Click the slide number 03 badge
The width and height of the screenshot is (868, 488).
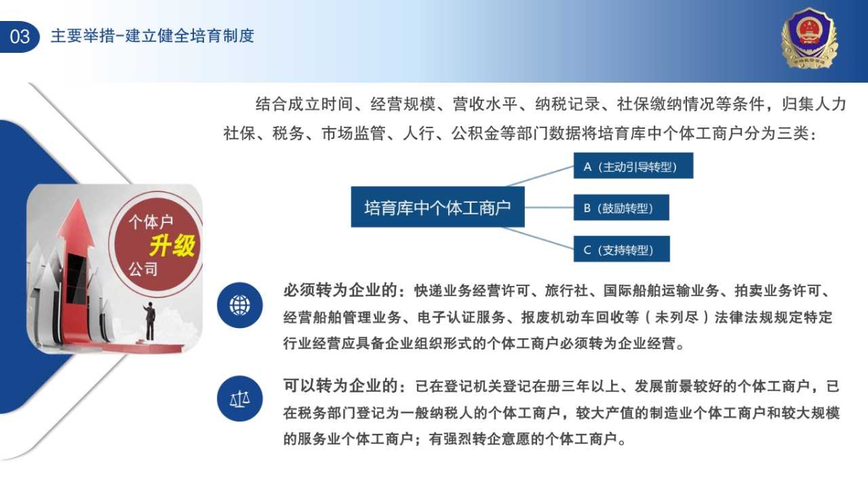20,36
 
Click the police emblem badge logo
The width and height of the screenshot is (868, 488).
809,38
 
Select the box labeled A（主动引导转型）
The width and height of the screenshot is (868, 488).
633,166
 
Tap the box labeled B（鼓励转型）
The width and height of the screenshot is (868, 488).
621,208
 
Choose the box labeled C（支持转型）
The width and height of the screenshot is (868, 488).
622,249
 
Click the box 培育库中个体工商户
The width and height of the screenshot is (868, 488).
437,207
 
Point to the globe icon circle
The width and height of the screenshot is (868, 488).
240,306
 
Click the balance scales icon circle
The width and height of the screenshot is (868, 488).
240,399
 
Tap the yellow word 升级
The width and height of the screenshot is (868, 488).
172,245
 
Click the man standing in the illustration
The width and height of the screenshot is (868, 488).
149,320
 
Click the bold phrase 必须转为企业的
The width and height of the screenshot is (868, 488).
340,290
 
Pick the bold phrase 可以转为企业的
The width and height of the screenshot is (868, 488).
340,385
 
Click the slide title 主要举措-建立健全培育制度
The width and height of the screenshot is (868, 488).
152,36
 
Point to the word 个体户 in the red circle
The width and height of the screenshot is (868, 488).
151,222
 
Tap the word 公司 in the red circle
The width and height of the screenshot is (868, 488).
143,269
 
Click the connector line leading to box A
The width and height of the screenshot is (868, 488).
540,176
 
